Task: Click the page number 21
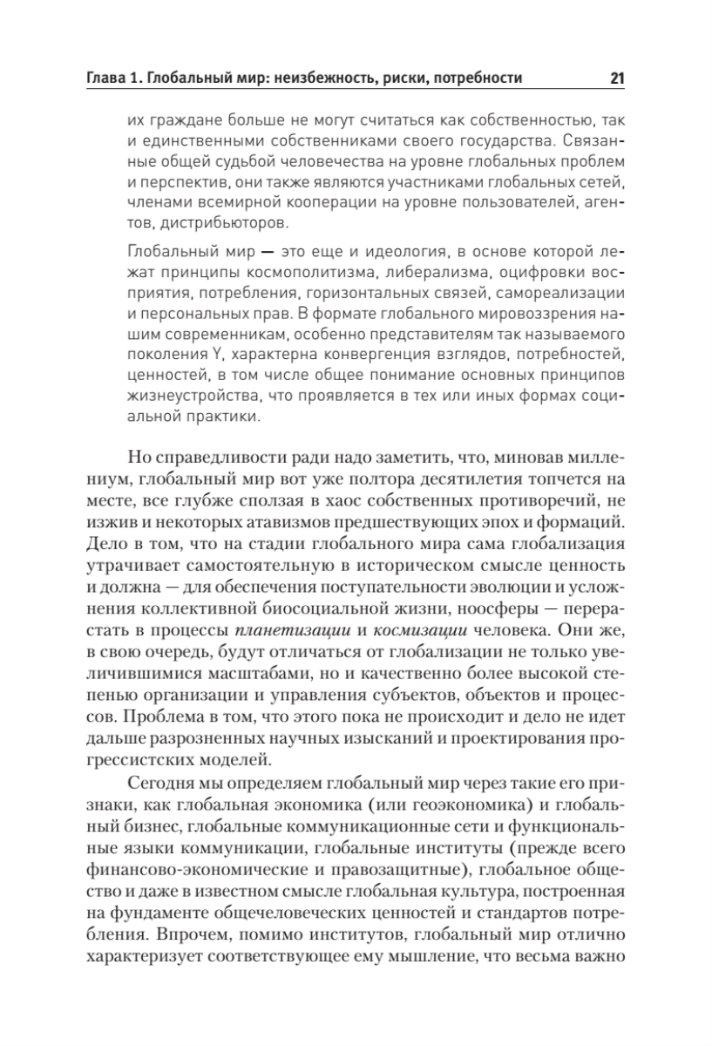point(617,78)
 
